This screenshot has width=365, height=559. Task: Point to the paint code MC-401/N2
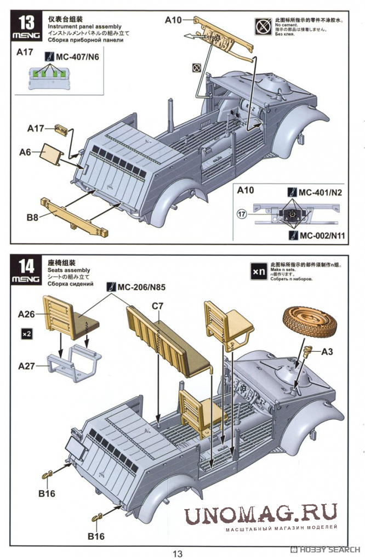click(x=320, y=192)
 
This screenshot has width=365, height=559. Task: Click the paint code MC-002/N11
click(x=320, y=235)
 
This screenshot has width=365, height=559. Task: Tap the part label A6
click(x=25, y=153)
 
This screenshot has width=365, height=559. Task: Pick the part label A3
click(x=327, y=351)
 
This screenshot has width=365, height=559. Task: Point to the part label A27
click(x=26, y=365)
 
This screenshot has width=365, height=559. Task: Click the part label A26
click(x=26, y=314)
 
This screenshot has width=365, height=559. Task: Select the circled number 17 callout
click(x=242, y=214)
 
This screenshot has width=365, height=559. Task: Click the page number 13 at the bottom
click(x=177, y=553)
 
